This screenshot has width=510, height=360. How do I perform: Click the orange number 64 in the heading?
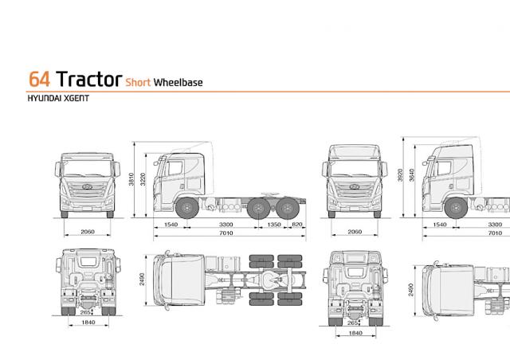click(39, 79)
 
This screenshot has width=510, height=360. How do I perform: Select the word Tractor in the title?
click(88, 79)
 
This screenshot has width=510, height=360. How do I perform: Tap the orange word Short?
click(138, 82)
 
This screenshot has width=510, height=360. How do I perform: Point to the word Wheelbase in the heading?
click(178, 82)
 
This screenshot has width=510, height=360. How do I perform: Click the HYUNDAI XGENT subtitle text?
click(58, 98)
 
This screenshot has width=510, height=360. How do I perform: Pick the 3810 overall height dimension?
click(131, 179)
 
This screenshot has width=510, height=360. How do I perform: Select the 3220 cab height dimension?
click(143, 179)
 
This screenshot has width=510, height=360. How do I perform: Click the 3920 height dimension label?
click(400, 175)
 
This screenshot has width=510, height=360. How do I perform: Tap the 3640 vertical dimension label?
click(412, 175)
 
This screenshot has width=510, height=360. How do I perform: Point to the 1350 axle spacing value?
click(274, 225)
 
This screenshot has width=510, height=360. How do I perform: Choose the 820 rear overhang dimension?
click(297, 225)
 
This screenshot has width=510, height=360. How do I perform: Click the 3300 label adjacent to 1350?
click(226, 225)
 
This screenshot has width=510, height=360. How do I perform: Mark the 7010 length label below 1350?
click(226, 233)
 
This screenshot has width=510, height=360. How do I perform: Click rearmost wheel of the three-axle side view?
click(288, 208)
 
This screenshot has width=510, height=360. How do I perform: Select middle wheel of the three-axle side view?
click(258, 208)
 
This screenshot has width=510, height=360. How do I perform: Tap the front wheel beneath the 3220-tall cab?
click(187, 208)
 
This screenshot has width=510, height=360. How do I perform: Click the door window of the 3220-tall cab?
click(175, 168)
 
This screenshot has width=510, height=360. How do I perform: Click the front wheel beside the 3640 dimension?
click(456, 208)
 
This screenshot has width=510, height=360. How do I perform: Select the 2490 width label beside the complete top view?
click(142, 280)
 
